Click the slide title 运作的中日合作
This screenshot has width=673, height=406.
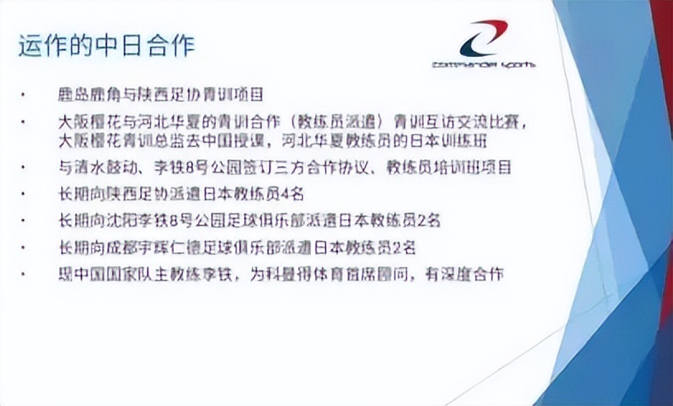106,45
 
